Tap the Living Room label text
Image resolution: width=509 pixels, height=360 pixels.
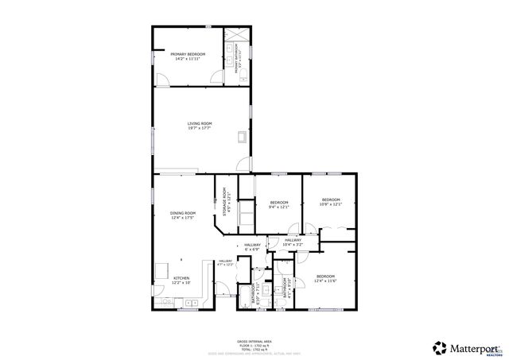click(x=200, y=126)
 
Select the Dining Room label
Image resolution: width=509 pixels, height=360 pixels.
click(x=183, y=215)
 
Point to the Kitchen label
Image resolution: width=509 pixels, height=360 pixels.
click(x=182, y=280)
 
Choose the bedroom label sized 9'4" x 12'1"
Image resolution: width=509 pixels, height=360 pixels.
click(x=278, y=204)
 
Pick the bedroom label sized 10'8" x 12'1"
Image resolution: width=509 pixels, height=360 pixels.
click(x=331, y=202)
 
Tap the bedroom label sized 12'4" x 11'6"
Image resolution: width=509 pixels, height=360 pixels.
click(x=326, y=278)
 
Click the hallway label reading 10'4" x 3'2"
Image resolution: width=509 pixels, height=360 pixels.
click(x=293, y=242)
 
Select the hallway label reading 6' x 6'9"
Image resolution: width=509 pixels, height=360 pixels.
click(x=252, y=246)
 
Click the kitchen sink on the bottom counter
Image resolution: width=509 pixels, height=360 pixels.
click(x=192, y=303)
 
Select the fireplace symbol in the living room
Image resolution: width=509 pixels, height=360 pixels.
click(x=242, y=137)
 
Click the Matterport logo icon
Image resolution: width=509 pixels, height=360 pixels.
click(x=439, y=347)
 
